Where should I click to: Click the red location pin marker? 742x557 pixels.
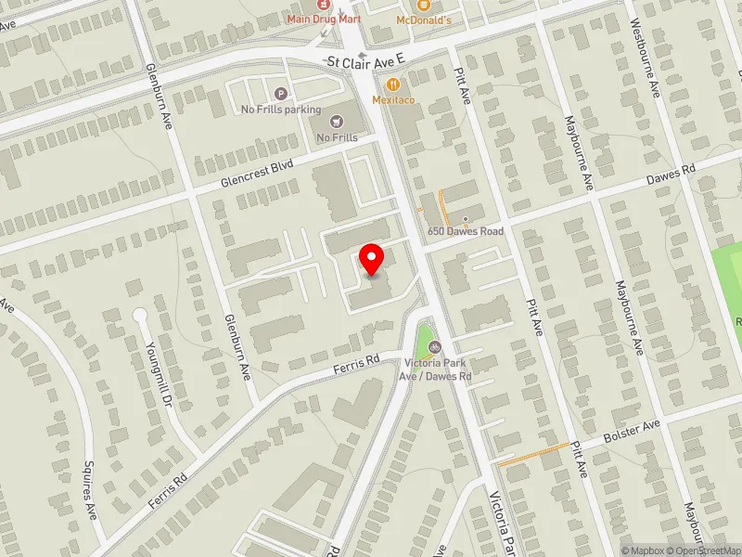point(372,259)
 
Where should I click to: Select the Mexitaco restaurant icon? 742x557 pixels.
point(393,83)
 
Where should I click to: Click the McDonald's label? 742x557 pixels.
point(423,20)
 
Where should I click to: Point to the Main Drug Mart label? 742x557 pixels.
point(323,18)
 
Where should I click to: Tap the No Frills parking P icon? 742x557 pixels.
point(281,92)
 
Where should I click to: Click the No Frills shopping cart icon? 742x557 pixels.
point(336,120)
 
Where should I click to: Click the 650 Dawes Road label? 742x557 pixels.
point(465,231)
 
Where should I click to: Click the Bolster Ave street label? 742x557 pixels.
point(631,430)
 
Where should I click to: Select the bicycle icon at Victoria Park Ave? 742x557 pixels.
point(434,347)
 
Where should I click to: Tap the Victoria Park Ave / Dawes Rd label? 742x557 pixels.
point(438,369)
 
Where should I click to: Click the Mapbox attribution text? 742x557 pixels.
point(641,551)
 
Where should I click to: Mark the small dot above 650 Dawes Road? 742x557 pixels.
point(466,219)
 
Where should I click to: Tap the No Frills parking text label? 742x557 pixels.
point(281,109)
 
